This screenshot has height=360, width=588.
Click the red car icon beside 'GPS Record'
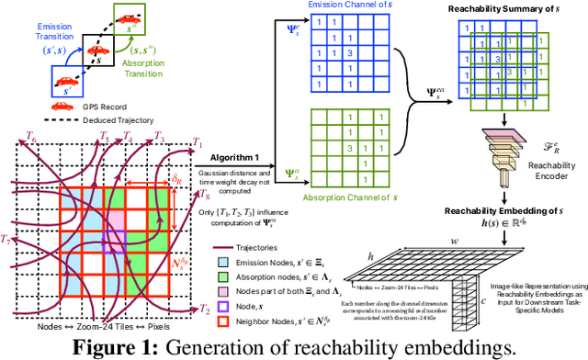tap(36, 107)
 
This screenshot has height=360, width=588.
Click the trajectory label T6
tap(30, 135)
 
